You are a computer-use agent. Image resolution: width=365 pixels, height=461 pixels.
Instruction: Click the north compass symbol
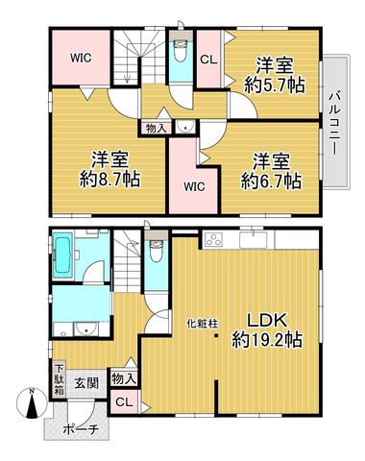(32, 403)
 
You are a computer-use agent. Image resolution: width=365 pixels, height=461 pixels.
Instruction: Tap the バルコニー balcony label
(335, 123)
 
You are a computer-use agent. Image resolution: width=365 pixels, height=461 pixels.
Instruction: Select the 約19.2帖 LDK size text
(267, 340)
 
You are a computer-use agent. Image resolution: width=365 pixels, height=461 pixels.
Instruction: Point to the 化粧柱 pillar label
(203, 324)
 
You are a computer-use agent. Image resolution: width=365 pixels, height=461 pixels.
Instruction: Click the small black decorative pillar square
(216, 336)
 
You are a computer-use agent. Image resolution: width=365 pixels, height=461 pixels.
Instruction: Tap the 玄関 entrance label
(86, 382)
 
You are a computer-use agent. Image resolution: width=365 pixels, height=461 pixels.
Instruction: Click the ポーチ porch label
(80, 429)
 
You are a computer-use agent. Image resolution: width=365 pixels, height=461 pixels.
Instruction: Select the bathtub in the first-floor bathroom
(63, 255)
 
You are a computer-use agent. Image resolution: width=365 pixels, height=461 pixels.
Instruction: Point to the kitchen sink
(254, 240)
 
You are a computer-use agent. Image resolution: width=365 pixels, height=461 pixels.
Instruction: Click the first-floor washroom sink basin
(85, 328)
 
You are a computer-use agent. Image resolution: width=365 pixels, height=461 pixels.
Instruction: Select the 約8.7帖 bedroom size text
(109, 180)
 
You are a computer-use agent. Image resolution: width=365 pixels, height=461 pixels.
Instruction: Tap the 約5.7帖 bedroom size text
(275, 85)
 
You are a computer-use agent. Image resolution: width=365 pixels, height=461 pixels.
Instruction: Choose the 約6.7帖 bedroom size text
(271, 182)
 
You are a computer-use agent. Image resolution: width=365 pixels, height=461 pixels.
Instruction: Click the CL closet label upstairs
(208, 60)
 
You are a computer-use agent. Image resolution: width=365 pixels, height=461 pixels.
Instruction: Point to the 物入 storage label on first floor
(124, 380)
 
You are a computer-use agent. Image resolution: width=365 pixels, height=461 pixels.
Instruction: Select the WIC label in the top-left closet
(81, 58)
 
